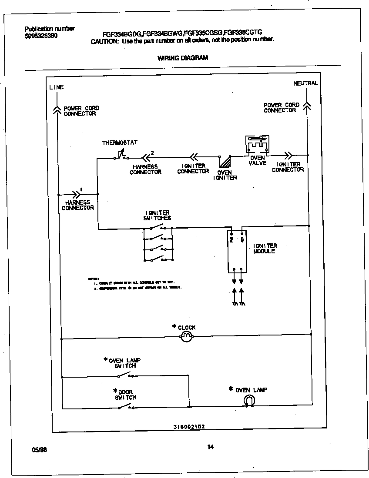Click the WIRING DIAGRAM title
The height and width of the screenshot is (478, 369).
[182, 58]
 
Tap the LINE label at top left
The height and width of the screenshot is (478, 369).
[56, 87]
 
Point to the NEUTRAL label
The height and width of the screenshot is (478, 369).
[305, 83]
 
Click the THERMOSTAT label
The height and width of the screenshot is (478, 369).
[120, 143]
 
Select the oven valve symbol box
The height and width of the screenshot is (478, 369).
[257, 144]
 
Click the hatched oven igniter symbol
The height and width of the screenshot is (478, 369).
[225, 162]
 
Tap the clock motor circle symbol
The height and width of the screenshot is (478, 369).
[186, 336]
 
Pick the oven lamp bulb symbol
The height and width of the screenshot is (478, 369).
[250, 400]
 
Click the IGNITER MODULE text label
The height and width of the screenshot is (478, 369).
[265, 249]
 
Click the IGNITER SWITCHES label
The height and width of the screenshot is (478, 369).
[158, 216]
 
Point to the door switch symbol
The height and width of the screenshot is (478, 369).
[126, 407]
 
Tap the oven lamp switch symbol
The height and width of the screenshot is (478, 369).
[126, 375]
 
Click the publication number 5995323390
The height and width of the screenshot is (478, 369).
[41, 36]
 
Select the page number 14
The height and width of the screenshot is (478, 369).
[211, 447]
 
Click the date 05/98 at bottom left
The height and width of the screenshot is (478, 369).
[39, 450]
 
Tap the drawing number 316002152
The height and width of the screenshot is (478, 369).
[186, 427]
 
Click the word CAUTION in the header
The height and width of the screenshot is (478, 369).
[104, 41]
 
